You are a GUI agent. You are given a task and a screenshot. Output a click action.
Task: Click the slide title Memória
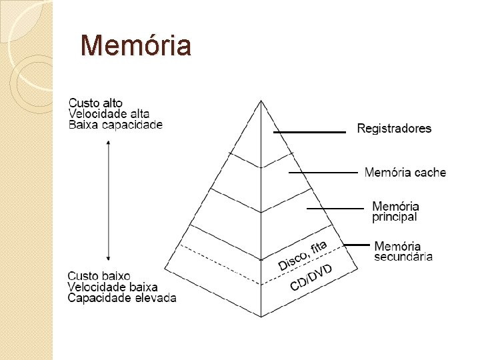pos(135,46)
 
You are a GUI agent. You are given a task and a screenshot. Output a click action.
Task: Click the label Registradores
pos(394,128)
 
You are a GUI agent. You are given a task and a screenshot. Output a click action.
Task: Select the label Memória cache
pos(405,173)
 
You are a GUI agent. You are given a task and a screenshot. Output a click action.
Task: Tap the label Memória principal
pos(395,211)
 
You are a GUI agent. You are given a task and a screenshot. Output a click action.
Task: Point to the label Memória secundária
pos(403,251)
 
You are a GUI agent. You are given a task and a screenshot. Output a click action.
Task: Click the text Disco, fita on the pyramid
pos(302,255)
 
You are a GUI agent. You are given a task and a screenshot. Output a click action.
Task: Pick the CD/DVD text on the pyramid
pos(311,277)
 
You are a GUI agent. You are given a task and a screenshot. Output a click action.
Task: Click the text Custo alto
pos(96,103)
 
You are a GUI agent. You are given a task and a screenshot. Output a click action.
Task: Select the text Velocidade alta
pos(109,113)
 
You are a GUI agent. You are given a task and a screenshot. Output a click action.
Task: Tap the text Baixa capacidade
pos(115,125)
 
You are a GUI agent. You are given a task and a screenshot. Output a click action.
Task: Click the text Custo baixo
pos(99,275)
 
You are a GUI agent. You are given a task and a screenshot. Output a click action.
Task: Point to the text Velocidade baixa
pos(113,287)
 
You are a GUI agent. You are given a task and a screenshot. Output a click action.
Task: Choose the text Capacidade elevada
pos(122,298)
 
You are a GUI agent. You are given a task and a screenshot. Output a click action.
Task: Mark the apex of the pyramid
pos(261,101)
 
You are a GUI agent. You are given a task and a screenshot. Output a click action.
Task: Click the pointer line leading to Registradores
pos(309,132)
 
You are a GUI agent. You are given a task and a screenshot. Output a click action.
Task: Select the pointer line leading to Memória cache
pos(323,173)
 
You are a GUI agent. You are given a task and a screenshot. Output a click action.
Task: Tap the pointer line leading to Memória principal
pos(335,209)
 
